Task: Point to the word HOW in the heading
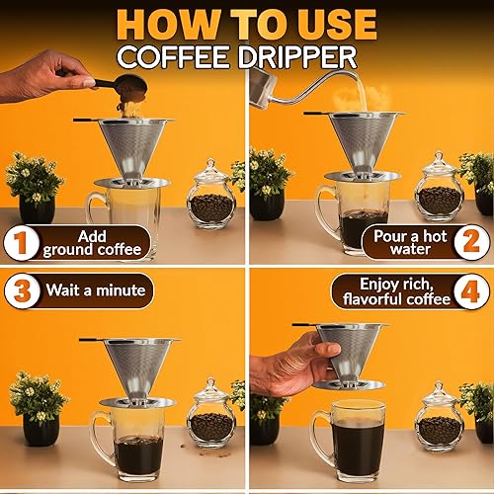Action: [163, 23]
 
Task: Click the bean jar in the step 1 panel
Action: [210, 197]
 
